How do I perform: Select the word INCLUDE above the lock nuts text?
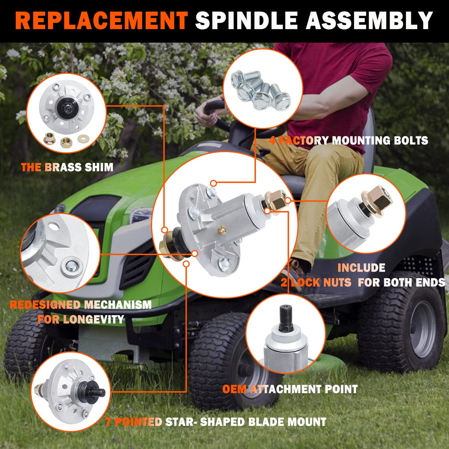click(x=361, y=268)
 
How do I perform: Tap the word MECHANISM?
click(x=117, y=305)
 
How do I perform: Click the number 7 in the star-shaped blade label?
click(x=108, y=422)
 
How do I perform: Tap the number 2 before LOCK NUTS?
click(x=284, y=282)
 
